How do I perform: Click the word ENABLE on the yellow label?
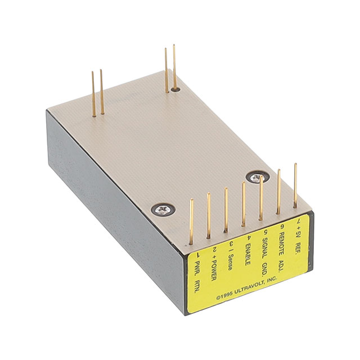(247, 254)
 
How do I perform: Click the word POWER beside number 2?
(213, 271)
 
